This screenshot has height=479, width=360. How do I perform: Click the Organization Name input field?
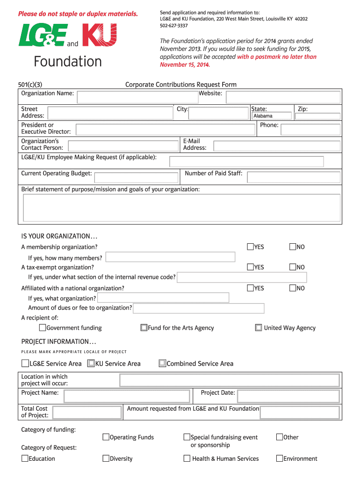[x=137, y=97]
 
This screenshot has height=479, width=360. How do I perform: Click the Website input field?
[x=283, y=97]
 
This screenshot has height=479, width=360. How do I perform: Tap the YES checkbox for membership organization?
[x=251, y=247]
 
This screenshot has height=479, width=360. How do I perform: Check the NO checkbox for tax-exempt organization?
[x=293, y=267]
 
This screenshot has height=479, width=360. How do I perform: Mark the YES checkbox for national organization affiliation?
[x=251, y=288]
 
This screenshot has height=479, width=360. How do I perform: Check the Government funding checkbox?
[x=43, y=327]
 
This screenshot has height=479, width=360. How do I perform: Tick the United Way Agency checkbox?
[x=259, y=327]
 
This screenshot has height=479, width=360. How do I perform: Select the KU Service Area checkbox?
[x=91, y=363]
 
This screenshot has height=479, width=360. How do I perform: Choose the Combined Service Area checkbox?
[x=162, y=363]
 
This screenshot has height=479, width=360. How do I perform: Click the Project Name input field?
[x=127, y=397]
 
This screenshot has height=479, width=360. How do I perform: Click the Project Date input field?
[x=288, y=397]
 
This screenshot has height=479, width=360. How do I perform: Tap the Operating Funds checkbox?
[x=106, y=437]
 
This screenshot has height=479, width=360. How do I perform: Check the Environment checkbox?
[x=280, y=458]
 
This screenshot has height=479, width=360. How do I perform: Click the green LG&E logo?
[x=42, y=36]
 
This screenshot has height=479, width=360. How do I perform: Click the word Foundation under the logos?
[x=68, y=62]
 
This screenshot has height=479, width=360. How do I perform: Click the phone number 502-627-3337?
[x=174, y=26]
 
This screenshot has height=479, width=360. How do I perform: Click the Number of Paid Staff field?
[x=293, y=177]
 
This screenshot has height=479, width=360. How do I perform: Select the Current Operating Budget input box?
[x=136, y=177]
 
